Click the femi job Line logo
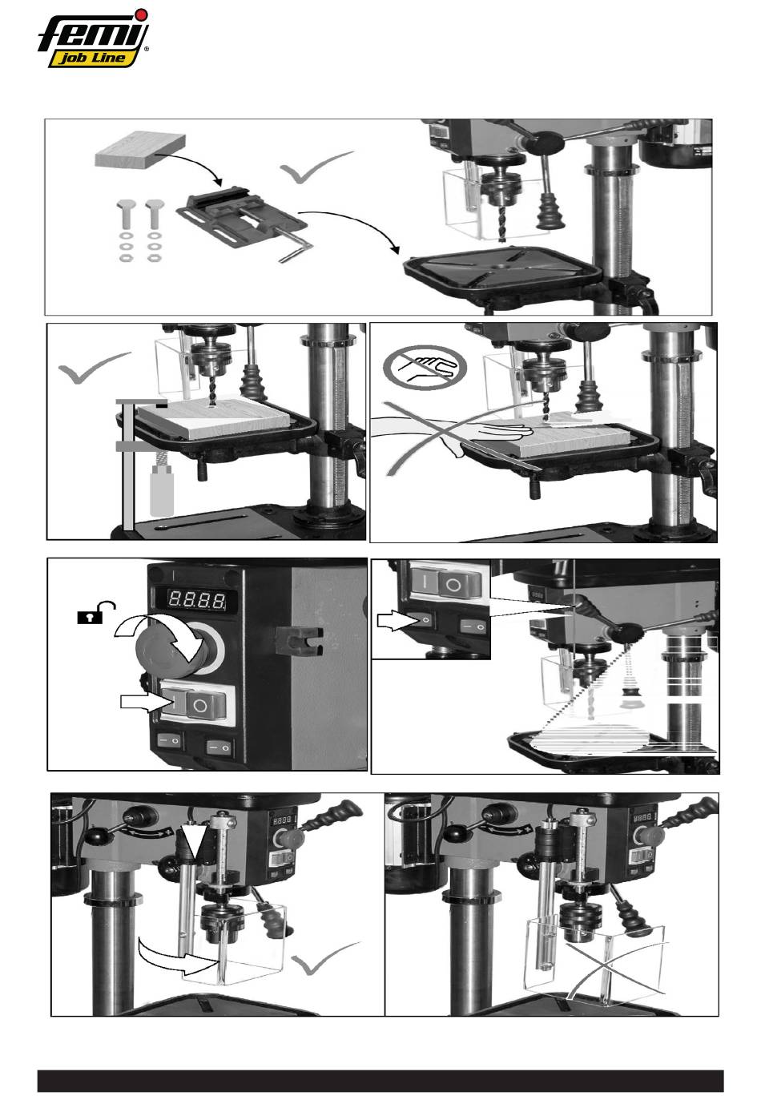94,38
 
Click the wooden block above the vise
140,150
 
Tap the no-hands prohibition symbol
425,367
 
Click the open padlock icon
96,612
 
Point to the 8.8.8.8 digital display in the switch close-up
197,599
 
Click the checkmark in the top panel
316,167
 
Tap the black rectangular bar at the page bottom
380,1081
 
